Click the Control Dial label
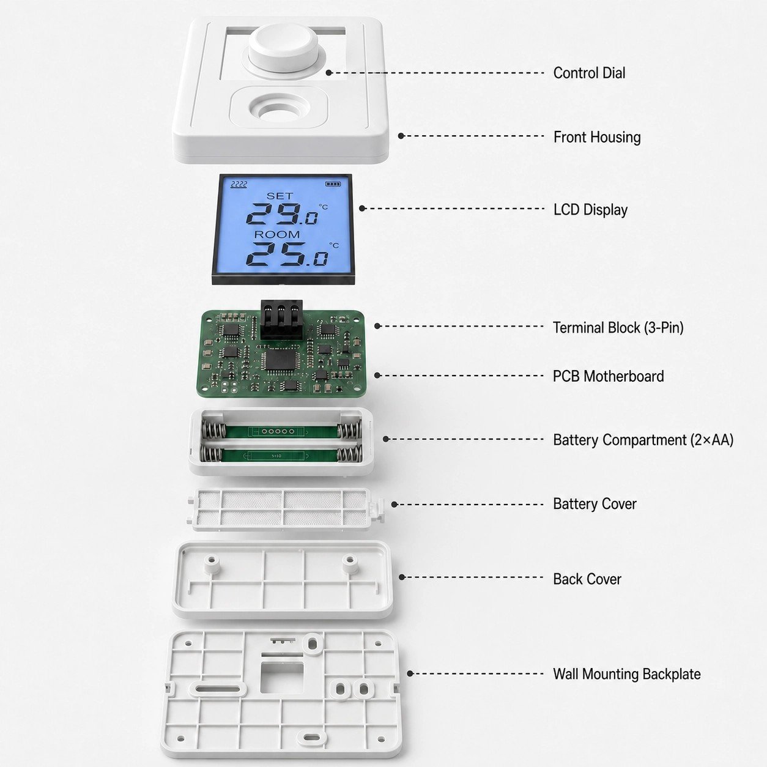point(589,73)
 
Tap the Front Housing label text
point(597,137)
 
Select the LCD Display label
point(590,209)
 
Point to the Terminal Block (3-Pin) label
point(618,328)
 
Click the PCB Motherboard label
point(608,376)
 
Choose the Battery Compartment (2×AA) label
point(643,440)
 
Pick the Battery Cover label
point(595,504)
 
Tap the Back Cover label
point(587,579)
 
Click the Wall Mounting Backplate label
point(627,674)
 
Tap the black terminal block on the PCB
point(281,320)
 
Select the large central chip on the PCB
point(280,360)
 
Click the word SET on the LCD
point(280,196)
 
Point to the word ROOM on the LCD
point(277,234)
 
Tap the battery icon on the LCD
point(333,184)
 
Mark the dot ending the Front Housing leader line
point(401,136)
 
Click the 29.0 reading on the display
point(282,213)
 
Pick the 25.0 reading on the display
point(287,254)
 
